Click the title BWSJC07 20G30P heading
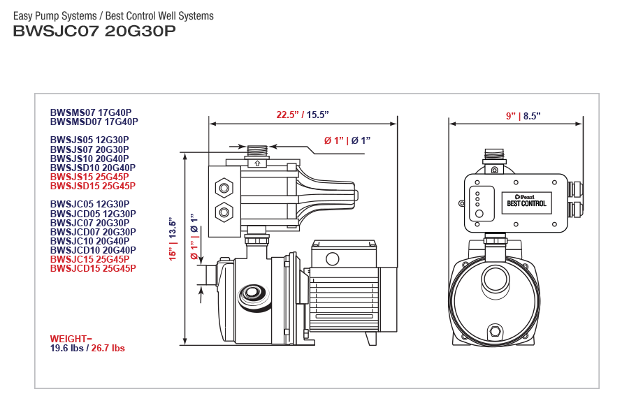tap(94, 31)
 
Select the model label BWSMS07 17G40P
tap(91, 112)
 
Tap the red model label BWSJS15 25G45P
tap(89, 177)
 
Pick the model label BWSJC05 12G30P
tap(89, 205)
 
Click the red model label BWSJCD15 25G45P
tap(93, 268)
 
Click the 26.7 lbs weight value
tap(108, 348)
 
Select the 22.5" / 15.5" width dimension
tap(302, 115)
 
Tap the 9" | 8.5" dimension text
tap(523, 115)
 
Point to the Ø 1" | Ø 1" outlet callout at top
tap(347, 140)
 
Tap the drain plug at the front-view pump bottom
tap(496, 330)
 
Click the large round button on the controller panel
tap(479, 213)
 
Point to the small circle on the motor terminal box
tap(332, 259)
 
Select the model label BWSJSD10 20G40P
tap(93, 168)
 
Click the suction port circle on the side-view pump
tap(251, 293)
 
